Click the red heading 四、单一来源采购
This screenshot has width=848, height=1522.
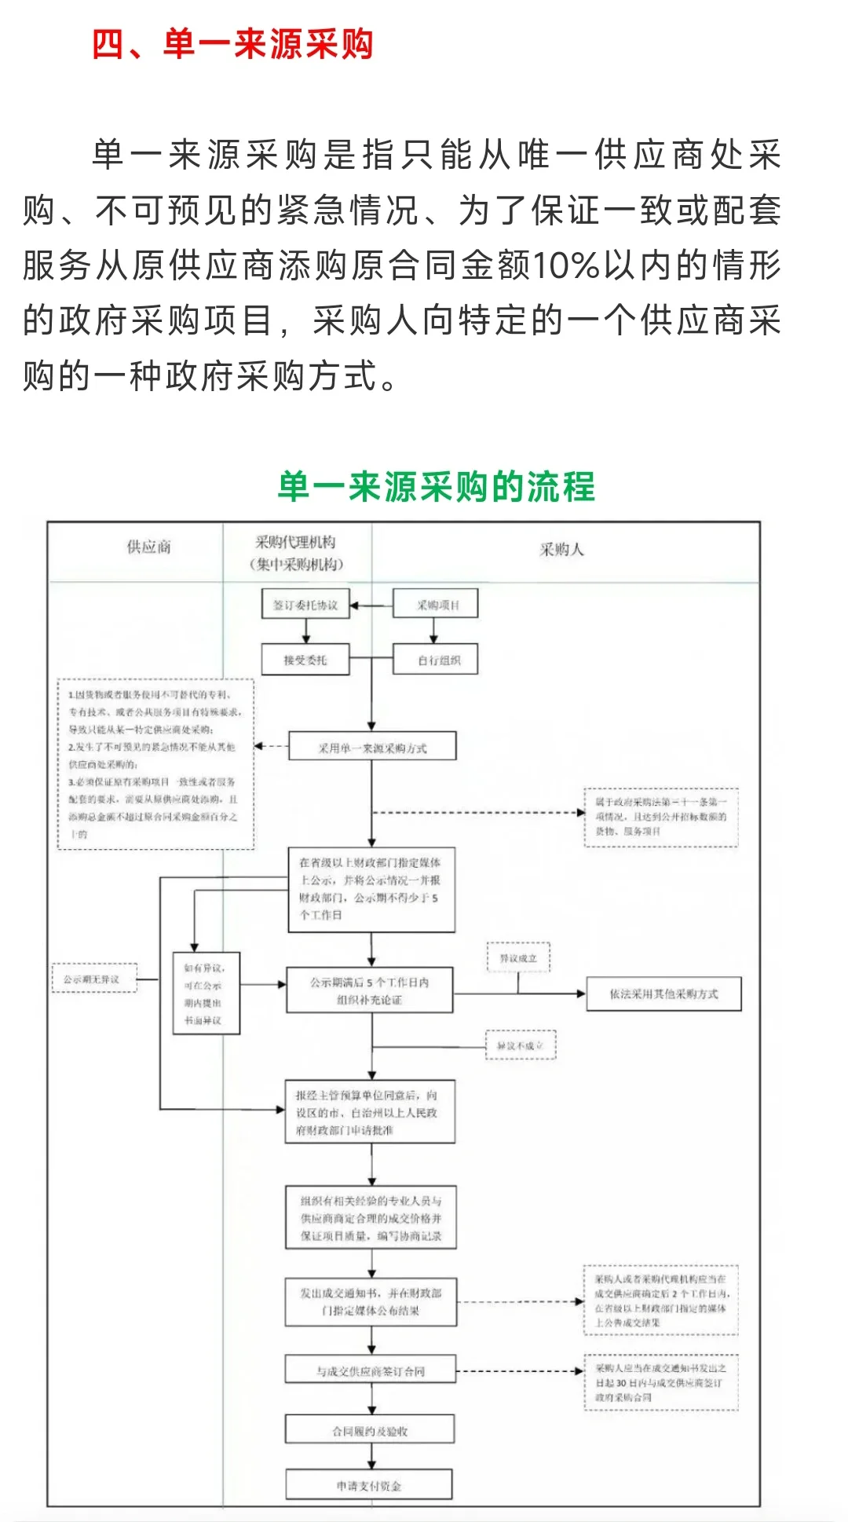(x=232, y=44)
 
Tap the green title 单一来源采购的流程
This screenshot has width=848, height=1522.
(x=437, y=487)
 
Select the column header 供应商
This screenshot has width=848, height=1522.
(x=148, y=547)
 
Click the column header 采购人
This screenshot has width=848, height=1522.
(x=561, y=550)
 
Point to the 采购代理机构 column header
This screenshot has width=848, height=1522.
(x=296, y=553)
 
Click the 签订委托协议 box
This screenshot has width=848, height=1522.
(x=305, y=606)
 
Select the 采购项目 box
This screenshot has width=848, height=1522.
(x=436, y=605)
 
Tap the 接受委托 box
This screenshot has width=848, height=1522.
(x=305, y=660)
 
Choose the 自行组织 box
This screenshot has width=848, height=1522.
(x=436, y=660)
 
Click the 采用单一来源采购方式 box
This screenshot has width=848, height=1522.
(x=372, y=748)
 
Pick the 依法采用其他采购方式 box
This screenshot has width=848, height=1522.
(x=663, y=994)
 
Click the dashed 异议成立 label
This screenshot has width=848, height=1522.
(x=518, y=958)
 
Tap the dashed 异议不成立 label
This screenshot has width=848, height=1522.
(x=520, y=1045)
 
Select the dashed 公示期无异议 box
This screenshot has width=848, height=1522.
(x=94, y=979)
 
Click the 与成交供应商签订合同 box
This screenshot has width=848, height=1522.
(x=371, y=1371)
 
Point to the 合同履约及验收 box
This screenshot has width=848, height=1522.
(x=370, y=1431)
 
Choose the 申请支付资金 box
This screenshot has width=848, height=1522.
(x=369, y=1485)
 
